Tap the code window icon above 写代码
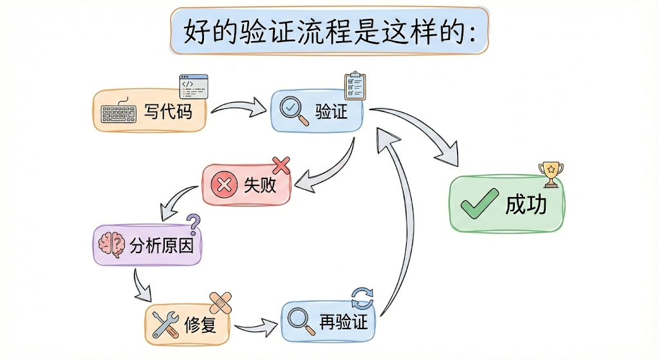coord(194,86)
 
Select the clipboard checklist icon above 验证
coord(355,86)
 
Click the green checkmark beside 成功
coord(480,203)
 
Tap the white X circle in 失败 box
coord(224,185)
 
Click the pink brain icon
coord(111,245)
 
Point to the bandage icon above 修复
coord(219,302)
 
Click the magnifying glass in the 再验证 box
coord(299,320)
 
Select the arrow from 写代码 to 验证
coord(238,108)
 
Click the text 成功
coord(526,204)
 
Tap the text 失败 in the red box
coord(260,185)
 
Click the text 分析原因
coord(162,245)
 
